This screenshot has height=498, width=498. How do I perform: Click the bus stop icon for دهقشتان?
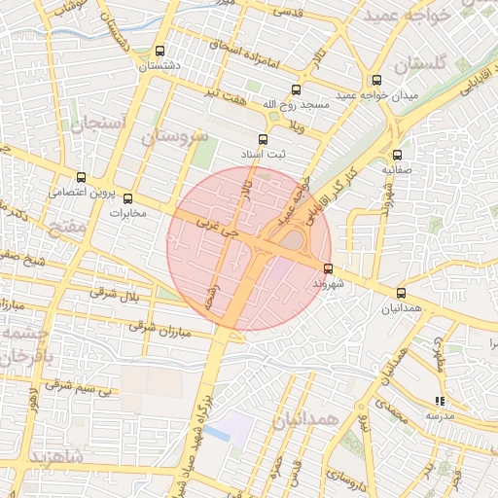pos(160,52)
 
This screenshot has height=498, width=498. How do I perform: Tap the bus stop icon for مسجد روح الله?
pos(296,89)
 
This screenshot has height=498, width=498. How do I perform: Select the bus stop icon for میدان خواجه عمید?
pos(376,81)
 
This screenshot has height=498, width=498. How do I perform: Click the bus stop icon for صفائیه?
pos(397,155)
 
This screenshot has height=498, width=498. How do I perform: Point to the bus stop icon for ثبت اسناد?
pos(262,139)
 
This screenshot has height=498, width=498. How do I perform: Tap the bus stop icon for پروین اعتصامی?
pos(81,178)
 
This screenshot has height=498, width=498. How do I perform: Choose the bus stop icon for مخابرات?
pos(127,199)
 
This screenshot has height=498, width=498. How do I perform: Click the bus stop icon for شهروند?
pos(327,268)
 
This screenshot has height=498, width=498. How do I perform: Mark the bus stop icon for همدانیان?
pos(401,293)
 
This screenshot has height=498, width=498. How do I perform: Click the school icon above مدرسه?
pos(440,400)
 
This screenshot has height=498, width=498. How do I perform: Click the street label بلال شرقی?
pos(116,294)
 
